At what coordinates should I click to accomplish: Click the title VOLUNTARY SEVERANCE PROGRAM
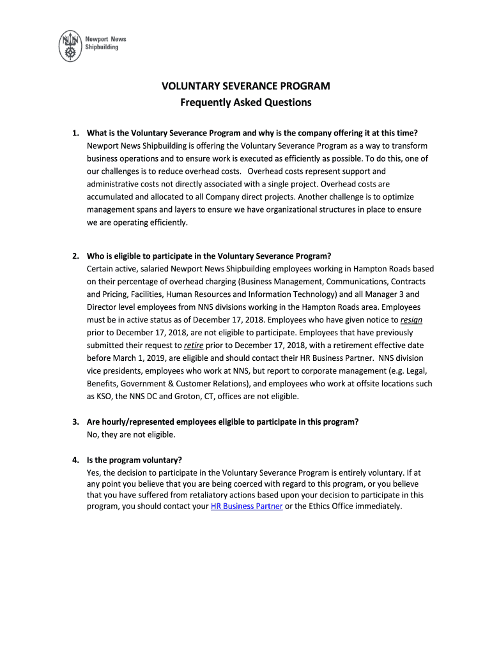point(245,86)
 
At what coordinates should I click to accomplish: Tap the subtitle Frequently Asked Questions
point(245,102)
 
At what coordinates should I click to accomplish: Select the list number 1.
point(75,133)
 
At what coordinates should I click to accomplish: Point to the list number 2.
point(75,256)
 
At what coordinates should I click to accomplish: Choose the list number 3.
point(75,422)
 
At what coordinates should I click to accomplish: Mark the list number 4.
point(75,460)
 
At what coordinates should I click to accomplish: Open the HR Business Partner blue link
point(247,506)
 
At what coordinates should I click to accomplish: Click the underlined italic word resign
point(411,320)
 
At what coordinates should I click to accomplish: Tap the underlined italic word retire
point(194,346)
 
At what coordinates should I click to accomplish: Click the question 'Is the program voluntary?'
point(134,460)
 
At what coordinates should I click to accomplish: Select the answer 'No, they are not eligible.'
point(130,434)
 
